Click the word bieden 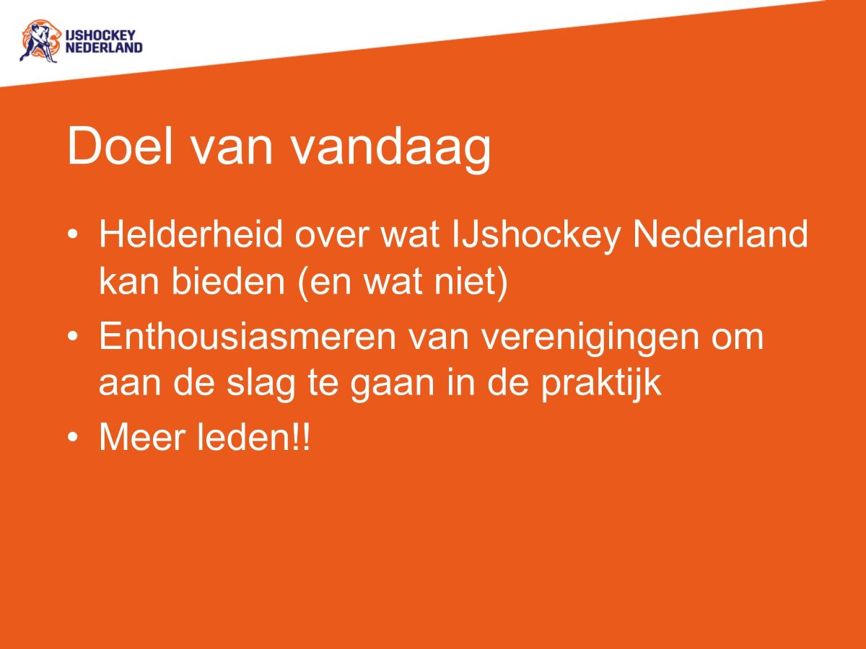(229, 282)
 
